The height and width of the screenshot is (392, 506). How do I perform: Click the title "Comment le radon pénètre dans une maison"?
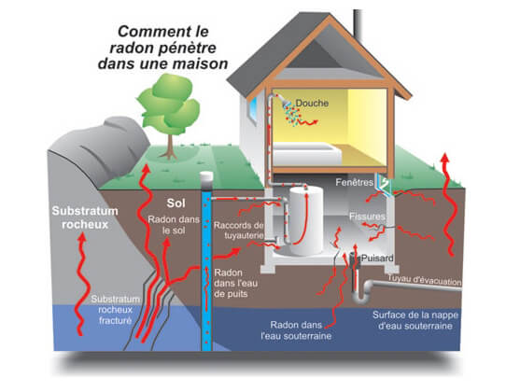pyautogui.click(x=162, y=48)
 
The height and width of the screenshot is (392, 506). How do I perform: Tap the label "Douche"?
pyautogui.click(x=312, y=104)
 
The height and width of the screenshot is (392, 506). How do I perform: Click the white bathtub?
pyautogui.click(x=306, y=154)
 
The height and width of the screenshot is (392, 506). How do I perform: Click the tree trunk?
pyautogui.click(x=170, y=147)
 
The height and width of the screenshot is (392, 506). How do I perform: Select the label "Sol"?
pyautogui.click(x=176, y=203)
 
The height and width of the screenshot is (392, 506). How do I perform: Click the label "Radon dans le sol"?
pyautogui.click(x=174, y=225)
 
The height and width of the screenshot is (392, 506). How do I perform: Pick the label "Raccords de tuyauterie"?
pyautogui.click(x=239, y=230)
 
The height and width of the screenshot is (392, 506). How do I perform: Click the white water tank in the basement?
pyautogui.click(x=306, y=220)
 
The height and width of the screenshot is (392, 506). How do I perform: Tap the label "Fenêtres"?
pyautogui.click(x=354, y=182)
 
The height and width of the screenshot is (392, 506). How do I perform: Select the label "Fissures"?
pyautogui.click(x=367, y=216)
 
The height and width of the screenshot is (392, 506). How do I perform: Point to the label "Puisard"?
pyautogui.click(x=377, y=259)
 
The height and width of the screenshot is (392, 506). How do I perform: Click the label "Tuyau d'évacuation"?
pyautogui.click(x=425, y=279)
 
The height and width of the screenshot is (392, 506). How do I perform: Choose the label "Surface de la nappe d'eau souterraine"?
pyautogui.click(x=415, y=320)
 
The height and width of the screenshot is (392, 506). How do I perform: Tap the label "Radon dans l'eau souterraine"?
pyautogui.click(x=296, y=330)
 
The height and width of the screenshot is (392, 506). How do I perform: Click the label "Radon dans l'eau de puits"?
pyautogui.click(x=231, y=284)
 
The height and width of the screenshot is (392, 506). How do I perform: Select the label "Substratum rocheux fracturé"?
pyautogui.click(x=115, y=310)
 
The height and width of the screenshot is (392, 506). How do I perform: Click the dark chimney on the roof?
pyautogui.click(x=357, y=25)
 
